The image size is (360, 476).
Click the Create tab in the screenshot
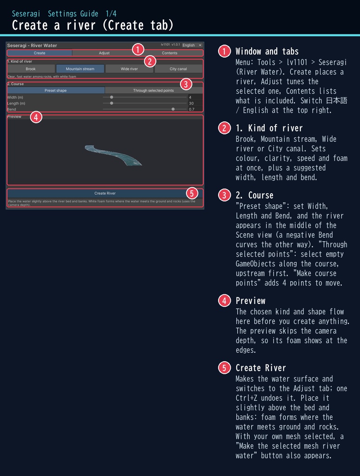(40, 53)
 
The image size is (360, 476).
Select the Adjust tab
(104, 53)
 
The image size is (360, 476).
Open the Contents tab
(169, 53)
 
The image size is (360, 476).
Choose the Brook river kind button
(31, 69)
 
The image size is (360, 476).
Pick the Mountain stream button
(80, 69)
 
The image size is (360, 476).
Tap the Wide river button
(129, 69)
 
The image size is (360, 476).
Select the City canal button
(178, 69)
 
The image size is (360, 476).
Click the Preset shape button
(56, 91)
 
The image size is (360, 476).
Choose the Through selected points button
(153, 91)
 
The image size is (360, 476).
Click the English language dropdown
(192, 45)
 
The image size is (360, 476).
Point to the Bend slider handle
(173, 109)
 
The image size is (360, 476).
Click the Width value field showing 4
(195, 97)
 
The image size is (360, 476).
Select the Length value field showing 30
(195, 103)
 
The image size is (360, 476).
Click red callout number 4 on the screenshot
(36, 117)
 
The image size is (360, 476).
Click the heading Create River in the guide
(260, 368)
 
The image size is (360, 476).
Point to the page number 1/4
(111, 13)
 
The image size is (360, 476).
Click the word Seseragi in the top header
(26, 13)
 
